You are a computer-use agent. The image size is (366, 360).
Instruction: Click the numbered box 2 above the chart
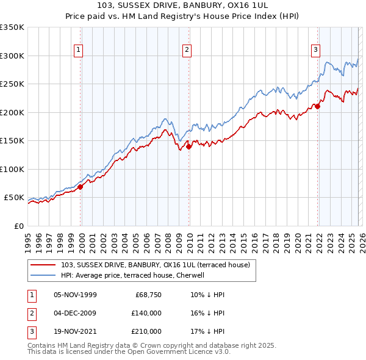point(187,51)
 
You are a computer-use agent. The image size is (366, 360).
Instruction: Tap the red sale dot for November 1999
point(81,187)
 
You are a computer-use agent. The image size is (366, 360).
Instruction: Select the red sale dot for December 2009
point(189,146)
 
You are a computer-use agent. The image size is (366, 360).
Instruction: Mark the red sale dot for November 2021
point(318,106)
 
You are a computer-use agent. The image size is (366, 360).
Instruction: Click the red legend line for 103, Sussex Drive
point(44,265)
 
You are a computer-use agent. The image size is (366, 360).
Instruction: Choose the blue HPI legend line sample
point(44,275)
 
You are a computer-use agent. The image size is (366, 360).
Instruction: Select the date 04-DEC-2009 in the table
point(75,313)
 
